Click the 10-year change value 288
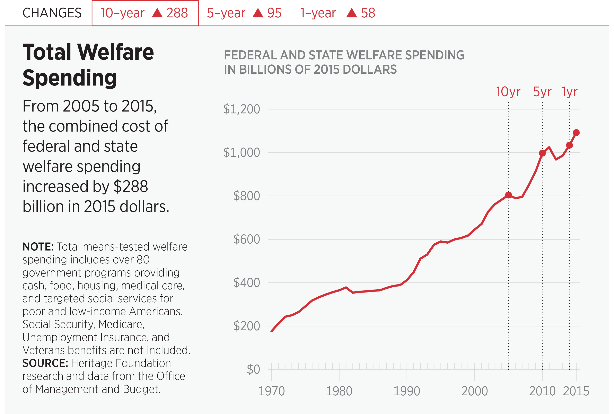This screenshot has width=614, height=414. (x=177, y=13)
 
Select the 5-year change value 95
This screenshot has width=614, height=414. (x=274, y=13)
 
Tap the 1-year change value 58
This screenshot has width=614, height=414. (x=368, y=13)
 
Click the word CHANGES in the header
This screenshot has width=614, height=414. (x=52, y=13)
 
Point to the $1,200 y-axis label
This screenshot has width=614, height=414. (x=242, y=109)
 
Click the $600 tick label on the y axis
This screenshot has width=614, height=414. (x=246, y=239)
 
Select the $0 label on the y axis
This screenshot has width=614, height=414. (x=253, y=369)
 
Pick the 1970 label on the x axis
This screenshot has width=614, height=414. (x=271, y=391)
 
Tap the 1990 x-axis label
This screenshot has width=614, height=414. (x=407, y=391)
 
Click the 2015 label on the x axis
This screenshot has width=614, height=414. (x=576, y=391)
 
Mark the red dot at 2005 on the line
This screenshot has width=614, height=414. (x=508, y=195)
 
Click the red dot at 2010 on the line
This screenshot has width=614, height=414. (x=542, y=153)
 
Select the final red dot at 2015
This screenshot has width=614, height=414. (x=576, y=133)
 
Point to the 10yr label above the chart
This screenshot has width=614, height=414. (x=508, y=92)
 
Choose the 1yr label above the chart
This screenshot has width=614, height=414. (x=570, y=92)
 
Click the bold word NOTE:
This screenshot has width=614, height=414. (x=38, y=247)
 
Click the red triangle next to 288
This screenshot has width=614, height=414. (x=157, y=13)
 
